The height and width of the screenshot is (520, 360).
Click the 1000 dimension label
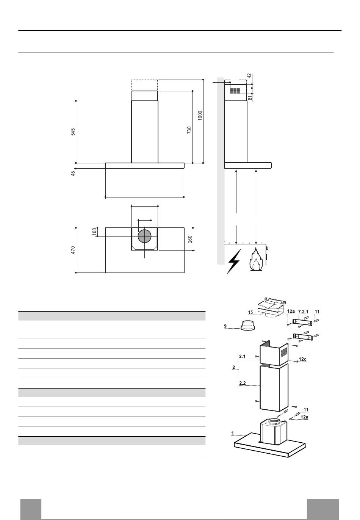pyautogui.click(x=200, y=115)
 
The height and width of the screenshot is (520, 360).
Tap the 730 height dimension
pyautogui.click(x=189, y=130)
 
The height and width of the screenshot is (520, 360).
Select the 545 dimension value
pyautogui.click(x=73, y=132)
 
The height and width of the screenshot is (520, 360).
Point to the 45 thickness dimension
pyautogui.click(x=73, y=174)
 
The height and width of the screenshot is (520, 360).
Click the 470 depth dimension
pyautogui.click(x=73, y=250)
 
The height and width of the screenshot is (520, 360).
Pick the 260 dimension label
pyautogui.click(x=190, y=239)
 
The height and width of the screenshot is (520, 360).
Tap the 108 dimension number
pyautogui.click(x=94, y=232)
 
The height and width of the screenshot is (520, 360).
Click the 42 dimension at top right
pyautogui.click(x=249, y=76)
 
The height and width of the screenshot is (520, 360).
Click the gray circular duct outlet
pyautogui.click(x=144, y=236)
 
